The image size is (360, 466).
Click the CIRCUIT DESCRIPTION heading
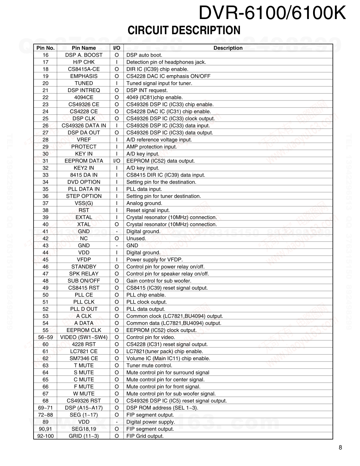tap(184, 30)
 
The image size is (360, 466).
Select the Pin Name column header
tap(84, 48)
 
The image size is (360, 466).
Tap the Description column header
tap(228, 48)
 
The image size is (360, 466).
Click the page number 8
tap(340, 448)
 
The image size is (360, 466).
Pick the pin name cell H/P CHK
tap(84, 62)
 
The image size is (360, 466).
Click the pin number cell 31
tap(46, 161)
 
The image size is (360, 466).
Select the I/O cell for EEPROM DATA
tap(116, 161)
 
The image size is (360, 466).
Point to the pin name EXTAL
tap(84, 217)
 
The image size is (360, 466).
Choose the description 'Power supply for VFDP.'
tap(155, 260)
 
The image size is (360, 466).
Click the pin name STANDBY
tap(84, 267)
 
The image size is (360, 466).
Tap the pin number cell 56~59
tap(46, 337)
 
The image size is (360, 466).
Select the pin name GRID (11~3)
tap(84, 436)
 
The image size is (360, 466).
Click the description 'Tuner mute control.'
tap(149, 365)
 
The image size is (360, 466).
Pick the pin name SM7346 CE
tap(84, 358)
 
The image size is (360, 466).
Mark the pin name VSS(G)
tap(84, 203)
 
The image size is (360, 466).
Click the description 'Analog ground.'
tap(144, 203)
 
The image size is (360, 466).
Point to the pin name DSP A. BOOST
tap(84, 55)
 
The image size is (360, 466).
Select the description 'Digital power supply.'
tap(151, 422)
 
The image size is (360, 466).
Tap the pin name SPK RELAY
tap(84, 274)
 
